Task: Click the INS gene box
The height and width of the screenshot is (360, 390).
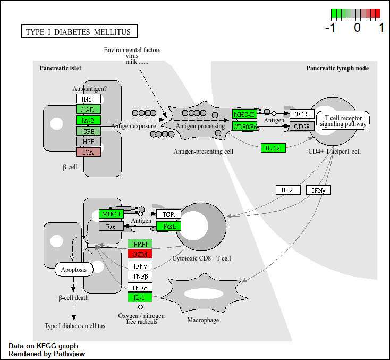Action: point(88,98)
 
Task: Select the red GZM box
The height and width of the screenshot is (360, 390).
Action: point(140,254)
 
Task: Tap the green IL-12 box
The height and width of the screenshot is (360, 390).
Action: point(273,148)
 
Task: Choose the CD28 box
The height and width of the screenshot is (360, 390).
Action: point(302,127)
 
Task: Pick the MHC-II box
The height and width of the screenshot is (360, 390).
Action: point(244,114)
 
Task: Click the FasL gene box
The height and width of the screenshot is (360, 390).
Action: point(169,226)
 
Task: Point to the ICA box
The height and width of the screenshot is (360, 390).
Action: point(88,152)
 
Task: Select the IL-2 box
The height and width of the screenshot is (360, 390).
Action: point(288,190)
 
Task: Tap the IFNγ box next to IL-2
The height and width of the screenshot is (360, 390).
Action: point(318,190)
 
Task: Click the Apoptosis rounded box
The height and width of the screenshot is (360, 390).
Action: point(74,269)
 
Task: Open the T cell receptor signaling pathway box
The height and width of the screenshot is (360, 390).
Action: point(343,120)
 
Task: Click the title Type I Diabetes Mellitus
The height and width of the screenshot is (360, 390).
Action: point(79,32)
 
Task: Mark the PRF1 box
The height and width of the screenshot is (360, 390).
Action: point(140,244)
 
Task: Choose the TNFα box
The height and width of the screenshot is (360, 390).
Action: point(140,287)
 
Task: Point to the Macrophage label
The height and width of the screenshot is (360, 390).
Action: point(203,320)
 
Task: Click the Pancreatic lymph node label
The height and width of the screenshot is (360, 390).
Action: point(337,68)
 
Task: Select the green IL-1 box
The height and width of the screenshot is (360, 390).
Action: point(140,297)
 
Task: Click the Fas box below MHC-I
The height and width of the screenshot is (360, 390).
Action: point(111,226)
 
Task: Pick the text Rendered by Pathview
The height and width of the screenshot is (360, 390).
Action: point(47,354)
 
